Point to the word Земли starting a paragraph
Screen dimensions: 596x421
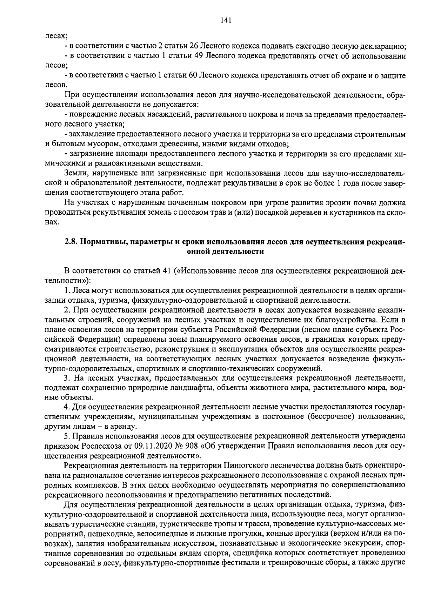click(x=74, y=173)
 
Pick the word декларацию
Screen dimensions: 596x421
click(x=383, y=46)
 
